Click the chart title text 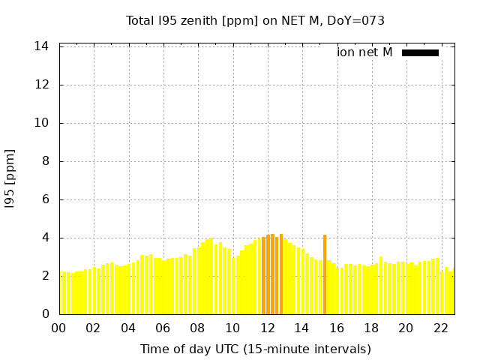click(x=255, y=20)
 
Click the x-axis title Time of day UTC click(x=255, y=349)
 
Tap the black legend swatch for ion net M click(x=420, y=52)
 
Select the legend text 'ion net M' click(x=364, y=52)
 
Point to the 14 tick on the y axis click(x=42, y=46)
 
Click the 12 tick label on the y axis click(x=42, y=85)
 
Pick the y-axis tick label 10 click(x=42, y=123)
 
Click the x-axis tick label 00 click(x=59, y=328)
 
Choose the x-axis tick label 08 click(x=198, y=328)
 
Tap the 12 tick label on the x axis click(x=268, y=328)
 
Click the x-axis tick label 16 click(x=337, y=328)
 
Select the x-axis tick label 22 click(x=441, y=328)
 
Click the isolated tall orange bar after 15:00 click(x=325, y=274)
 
